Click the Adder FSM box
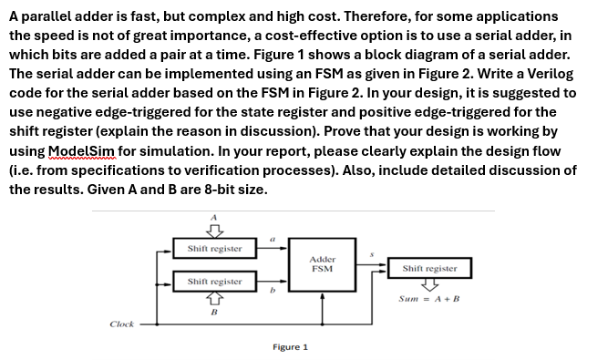322,263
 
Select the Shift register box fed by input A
214,248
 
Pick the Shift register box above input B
214,282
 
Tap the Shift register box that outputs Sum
429,269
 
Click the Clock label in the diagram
121,324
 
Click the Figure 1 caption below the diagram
290,347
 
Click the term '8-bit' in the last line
200,190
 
